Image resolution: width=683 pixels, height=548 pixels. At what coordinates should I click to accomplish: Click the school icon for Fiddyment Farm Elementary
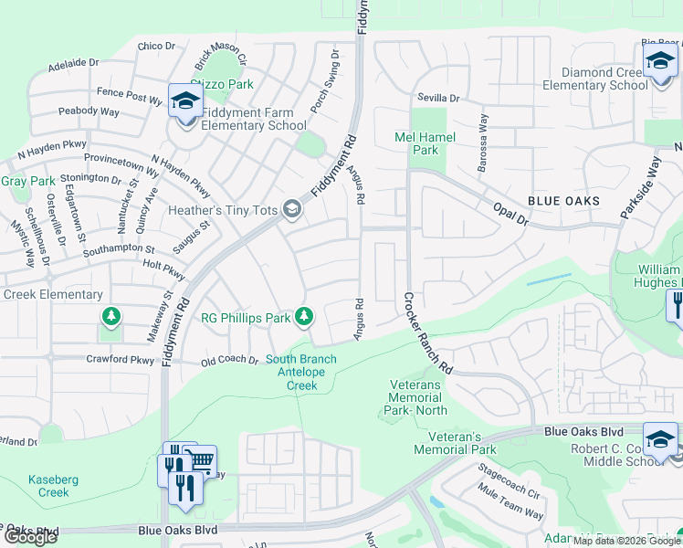pyautogui.click(x=185, y=100)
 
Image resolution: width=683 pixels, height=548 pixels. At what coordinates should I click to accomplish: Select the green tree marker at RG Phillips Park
pyautogui.click(x=305, y=317)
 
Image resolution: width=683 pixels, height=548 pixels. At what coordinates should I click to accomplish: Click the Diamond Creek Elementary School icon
pyautogui.click(x=658, y=63)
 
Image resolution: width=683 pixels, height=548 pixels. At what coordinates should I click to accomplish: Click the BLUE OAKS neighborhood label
pyautogui.click(x=562, y=201)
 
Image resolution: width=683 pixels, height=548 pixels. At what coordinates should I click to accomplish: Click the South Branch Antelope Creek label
pyautogui.click(x=301, y=373)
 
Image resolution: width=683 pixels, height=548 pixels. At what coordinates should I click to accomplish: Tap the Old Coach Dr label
pyautogui.click(x=228, y=360)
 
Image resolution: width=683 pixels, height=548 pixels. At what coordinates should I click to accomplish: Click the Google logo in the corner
pyautogui.click(x=30, y=537)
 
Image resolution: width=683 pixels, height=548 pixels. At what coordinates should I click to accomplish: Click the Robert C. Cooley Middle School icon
pyautogui.click(x=659, y=438)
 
